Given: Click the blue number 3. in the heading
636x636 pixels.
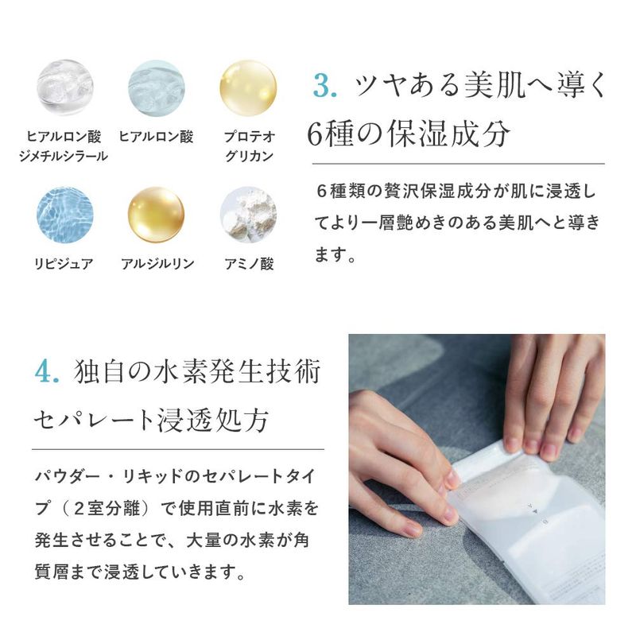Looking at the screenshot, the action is pos(325,86).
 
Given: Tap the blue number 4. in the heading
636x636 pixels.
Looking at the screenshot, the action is pos(47,371).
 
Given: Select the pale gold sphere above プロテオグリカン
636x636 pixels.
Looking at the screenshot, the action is pos(248,88).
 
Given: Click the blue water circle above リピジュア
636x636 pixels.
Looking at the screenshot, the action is pos(65,215).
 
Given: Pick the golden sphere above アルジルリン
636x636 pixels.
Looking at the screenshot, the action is pos(156,215).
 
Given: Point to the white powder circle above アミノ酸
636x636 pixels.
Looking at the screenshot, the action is pos(248,215).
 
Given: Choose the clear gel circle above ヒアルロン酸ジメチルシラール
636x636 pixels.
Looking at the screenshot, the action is pos(65,88).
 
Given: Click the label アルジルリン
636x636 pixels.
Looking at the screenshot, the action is pos(157,264).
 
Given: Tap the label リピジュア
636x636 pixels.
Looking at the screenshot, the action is pos(64,264).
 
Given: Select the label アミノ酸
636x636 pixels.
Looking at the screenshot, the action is pos(249,264).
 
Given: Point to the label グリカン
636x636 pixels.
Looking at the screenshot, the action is pos(249,156).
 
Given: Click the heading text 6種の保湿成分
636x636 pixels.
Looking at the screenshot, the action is pos(408,134).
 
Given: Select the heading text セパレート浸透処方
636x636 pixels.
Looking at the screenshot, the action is pos(151,420).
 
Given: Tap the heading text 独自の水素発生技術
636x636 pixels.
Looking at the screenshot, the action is pos(197,371).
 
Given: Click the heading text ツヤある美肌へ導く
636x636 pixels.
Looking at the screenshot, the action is pos(481,86).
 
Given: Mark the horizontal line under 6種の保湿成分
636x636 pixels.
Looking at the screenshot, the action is pos(459,164).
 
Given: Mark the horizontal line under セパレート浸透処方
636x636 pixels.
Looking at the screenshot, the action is pos(178,449).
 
